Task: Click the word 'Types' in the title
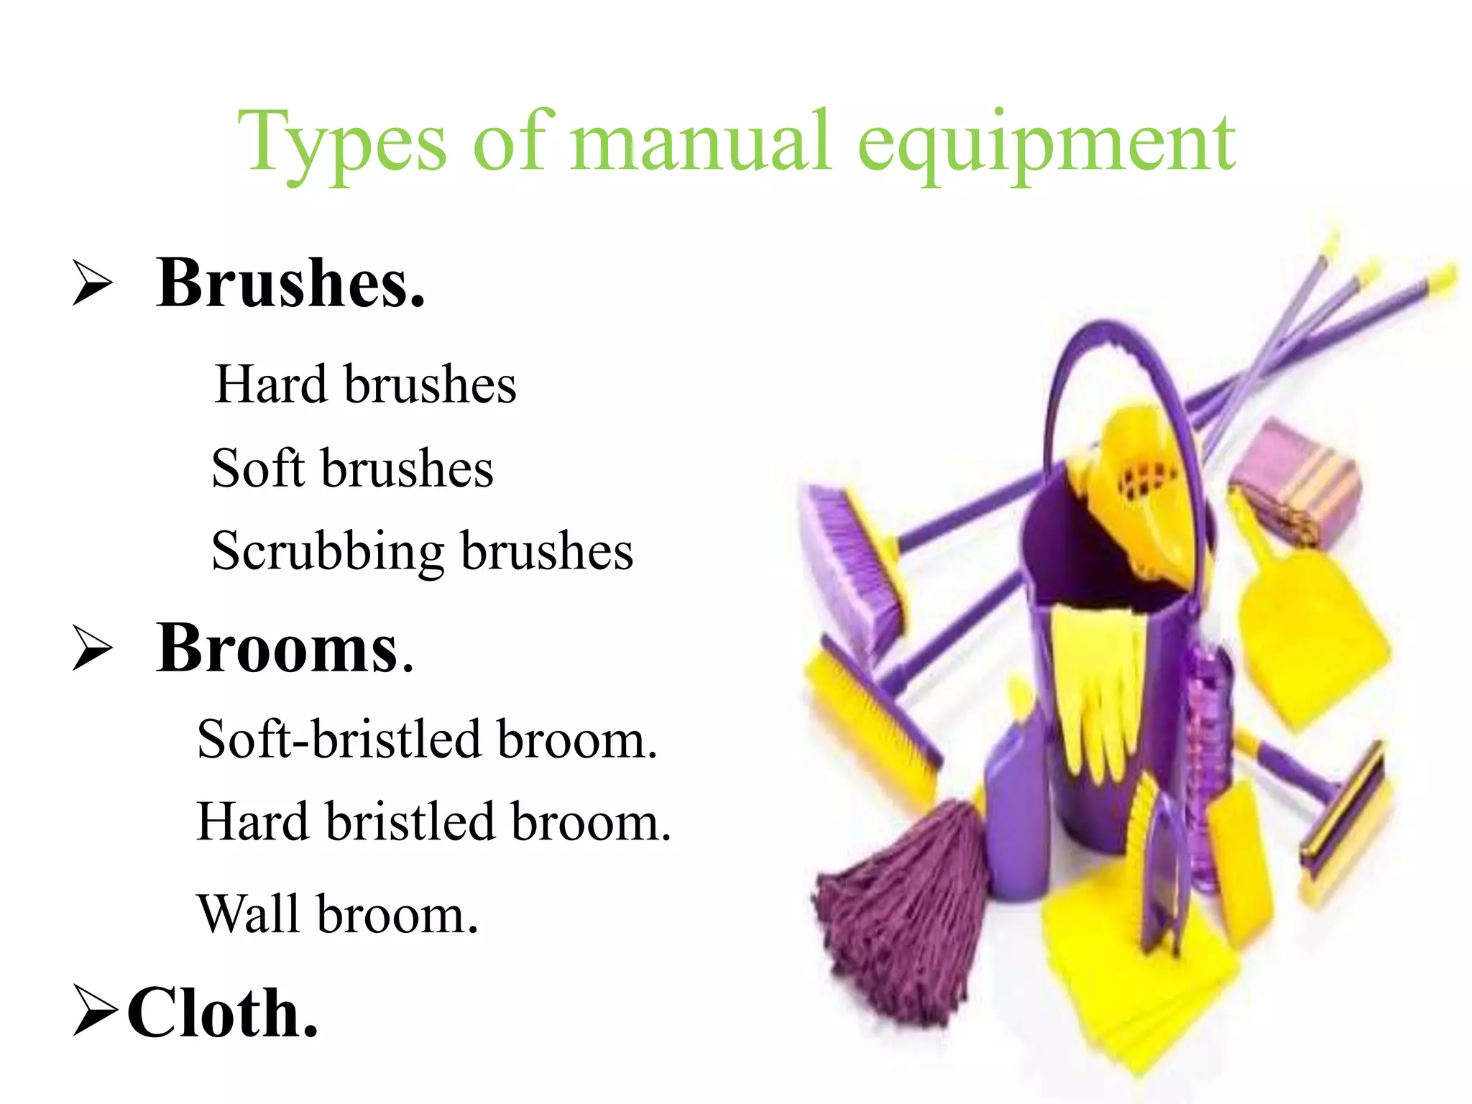(342, 144)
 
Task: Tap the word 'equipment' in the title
(1046, 147)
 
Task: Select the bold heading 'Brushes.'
(291, 283)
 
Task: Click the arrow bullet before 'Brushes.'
(93, 284)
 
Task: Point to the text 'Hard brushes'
(365, 385)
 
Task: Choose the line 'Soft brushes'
(352, 469)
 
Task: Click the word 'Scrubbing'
(328, 552)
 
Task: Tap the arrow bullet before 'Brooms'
(93, 648)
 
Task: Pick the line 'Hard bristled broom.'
(433, 822)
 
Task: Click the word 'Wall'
(248, 914)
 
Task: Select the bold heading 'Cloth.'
(223, 1013)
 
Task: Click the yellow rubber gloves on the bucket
(1092, 683)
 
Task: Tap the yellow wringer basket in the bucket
(1136, 489)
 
